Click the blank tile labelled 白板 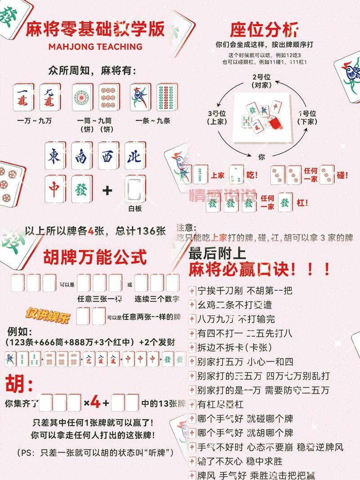(x=135, y=190)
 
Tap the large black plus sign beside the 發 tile (x=107, y=190)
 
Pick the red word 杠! (x=302, y=203)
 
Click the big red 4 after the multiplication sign (x=95, y=403)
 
